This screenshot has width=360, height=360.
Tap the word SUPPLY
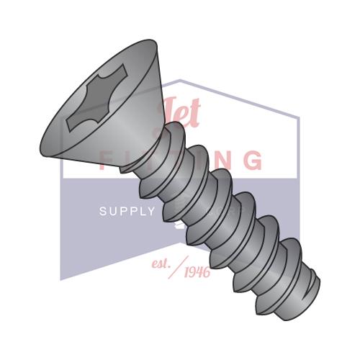(x=127, y=212)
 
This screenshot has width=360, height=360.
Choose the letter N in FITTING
(x=220, y=161)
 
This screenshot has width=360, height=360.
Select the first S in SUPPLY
(x=102, y=212)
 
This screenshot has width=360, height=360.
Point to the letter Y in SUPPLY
(x=150, y=212)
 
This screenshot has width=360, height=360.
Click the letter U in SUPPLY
(x=112, y=212)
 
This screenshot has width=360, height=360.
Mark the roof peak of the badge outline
(x=181, y=81)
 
